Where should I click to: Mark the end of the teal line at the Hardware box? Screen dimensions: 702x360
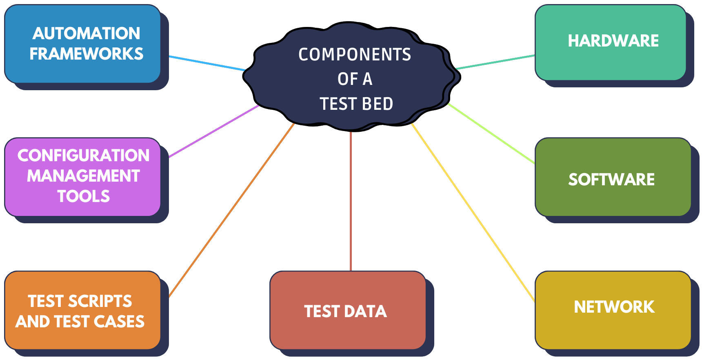tap(535, 55)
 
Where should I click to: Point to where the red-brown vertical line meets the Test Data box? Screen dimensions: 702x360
tap(351, 271)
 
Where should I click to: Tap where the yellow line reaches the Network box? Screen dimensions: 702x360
tap(535, 302)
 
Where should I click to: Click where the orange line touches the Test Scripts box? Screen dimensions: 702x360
tap(169, 297)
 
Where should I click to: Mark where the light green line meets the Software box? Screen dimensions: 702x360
tap(535, 163)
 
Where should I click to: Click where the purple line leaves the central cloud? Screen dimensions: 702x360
tap(259, 106)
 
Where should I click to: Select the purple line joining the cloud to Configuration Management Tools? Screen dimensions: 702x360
tap(214, 131)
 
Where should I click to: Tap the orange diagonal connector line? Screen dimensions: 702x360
tap(231, 210)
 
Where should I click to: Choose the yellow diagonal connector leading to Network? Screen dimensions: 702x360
tap(473, 213)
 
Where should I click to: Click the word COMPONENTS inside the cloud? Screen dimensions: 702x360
tap(355, 55)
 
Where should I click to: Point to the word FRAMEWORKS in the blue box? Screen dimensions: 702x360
tap(87, 54)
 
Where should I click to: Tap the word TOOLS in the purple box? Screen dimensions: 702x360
tap(84, 196)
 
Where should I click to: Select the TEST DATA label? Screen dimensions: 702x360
tap(345, 311)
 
